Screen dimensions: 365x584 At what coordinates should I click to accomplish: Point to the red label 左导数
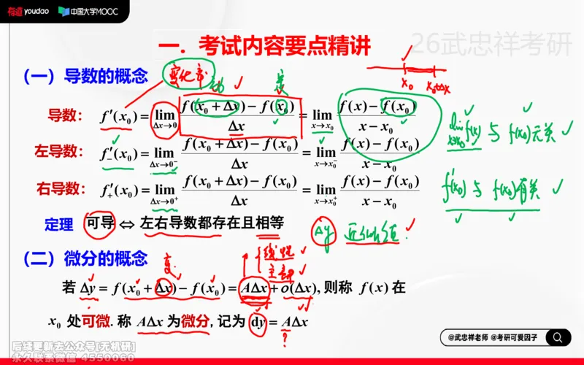[57, 151]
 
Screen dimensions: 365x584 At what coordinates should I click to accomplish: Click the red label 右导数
[57, 188]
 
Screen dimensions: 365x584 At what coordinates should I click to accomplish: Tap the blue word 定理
[59, 224]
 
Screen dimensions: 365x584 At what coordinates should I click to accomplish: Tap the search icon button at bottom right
[558, 337]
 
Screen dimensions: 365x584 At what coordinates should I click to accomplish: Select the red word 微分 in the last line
[195, 321]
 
